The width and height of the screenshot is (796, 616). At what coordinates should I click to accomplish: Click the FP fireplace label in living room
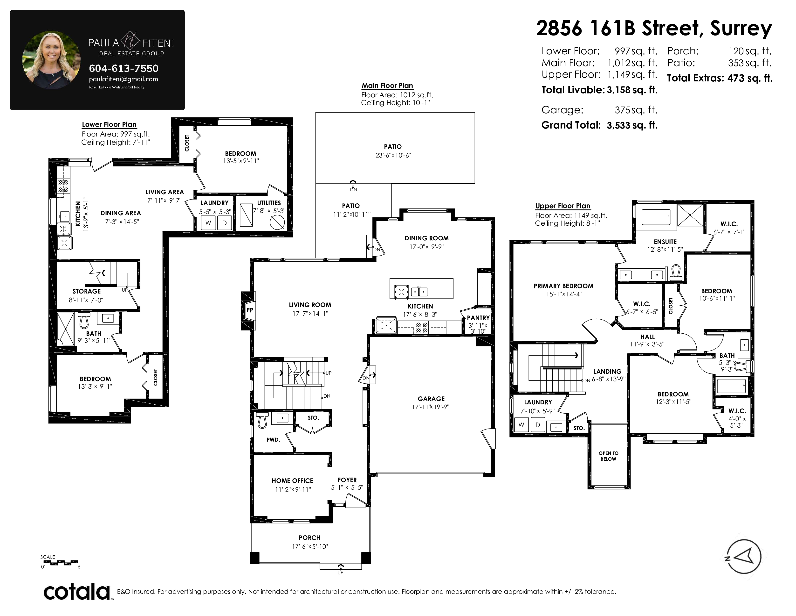[x=250, y=310]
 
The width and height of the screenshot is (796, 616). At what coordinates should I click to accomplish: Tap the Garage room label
[x=431, y=399]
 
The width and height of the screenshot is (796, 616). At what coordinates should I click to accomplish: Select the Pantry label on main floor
[x=478, y=318]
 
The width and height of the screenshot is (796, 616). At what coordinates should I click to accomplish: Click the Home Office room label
[x=292, y=481]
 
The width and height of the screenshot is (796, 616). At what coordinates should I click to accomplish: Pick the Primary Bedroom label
[x=563, y=286]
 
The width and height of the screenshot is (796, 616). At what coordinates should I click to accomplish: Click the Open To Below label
[x=608, y=456]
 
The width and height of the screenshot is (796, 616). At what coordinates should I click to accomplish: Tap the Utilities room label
[x=269, y=203]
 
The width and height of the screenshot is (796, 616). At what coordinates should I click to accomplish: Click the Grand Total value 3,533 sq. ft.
[x=632, y=125]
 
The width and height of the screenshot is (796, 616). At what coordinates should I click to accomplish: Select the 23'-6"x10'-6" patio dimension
[x=393, y=155]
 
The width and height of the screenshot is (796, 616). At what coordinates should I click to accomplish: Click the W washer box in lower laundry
[x=208, y=223]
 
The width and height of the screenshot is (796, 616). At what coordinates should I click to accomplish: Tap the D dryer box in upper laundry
[x=538, y=425]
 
